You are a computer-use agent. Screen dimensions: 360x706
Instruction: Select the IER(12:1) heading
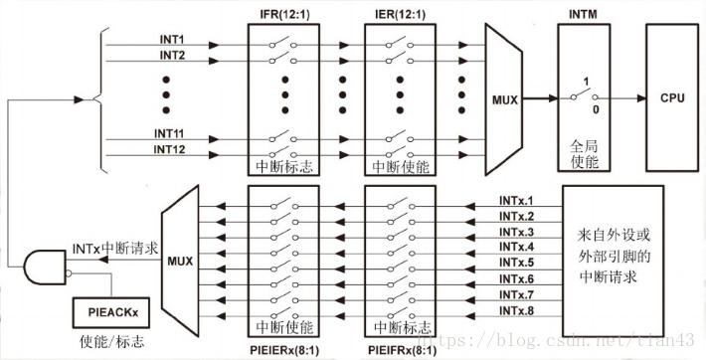[400, 13]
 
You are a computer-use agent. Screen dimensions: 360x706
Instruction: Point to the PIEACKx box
[111, 314]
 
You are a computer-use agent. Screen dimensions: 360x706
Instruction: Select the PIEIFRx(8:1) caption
[400, 351]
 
